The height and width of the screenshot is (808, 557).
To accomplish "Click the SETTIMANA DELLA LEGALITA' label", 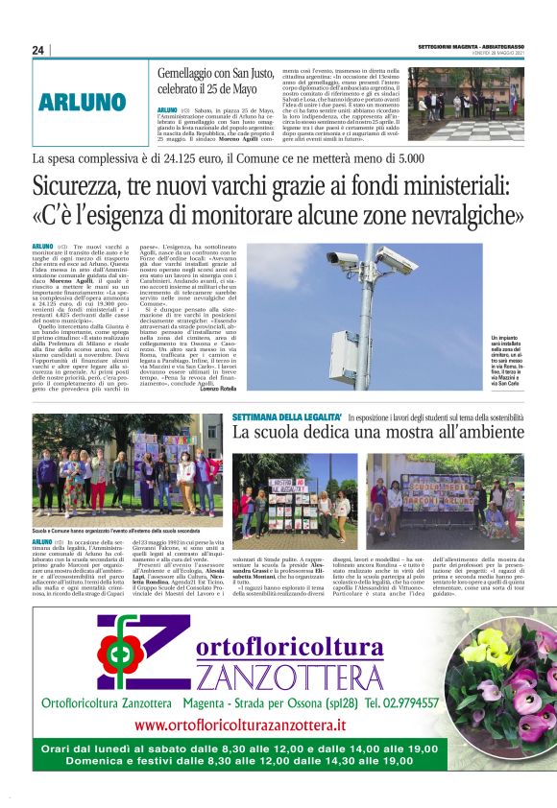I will [285, 418].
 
